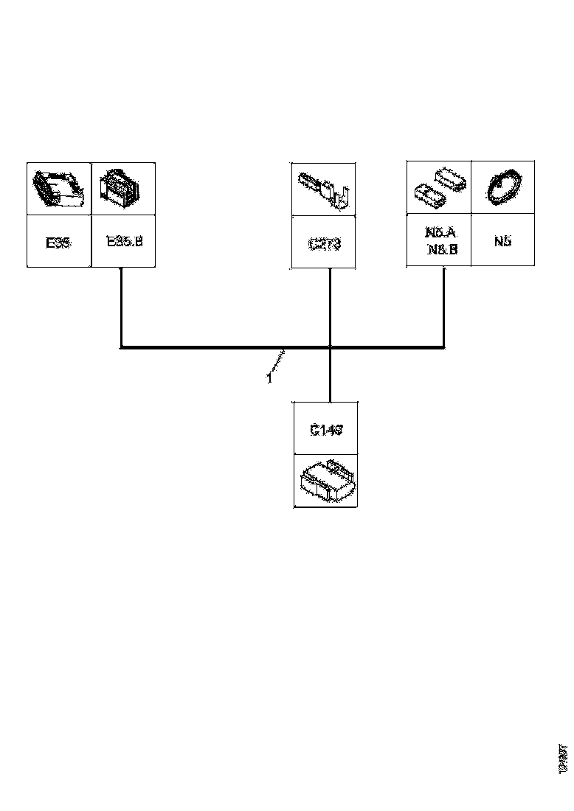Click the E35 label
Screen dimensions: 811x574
click(x=58, y=242)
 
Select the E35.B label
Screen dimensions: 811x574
click(x=123, y=241)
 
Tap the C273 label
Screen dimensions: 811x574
click(x=324, y=243)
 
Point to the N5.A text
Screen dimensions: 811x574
click(x=440, y=233)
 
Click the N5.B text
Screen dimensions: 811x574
click(x=442, y=249)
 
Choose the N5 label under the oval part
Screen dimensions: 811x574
click(x=502, y=241)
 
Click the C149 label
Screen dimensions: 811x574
click(x=325, y=429)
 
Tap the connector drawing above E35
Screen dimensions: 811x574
click(x=58, y=189)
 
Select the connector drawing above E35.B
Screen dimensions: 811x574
click(x=123, y=189)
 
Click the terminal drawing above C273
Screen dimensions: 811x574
click(x=324, y=189)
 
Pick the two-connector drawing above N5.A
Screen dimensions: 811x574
click(x=439, y=187)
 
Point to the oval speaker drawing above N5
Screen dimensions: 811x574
click(x=502, y=187)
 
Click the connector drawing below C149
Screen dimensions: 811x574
click(x=325, y=480)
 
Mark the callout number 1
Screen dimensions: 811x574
click(x=269, y=378)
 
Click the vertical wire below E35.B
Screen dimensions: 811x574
click(x=120, y=306)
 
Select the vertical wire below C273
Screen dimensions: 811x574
click(x=330, y=306)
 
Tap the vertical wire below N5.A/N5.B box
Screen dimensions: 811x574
click(x=443, y=306)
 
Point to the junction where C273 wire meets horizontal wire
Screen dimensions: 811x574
click(x=330, y=347)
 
